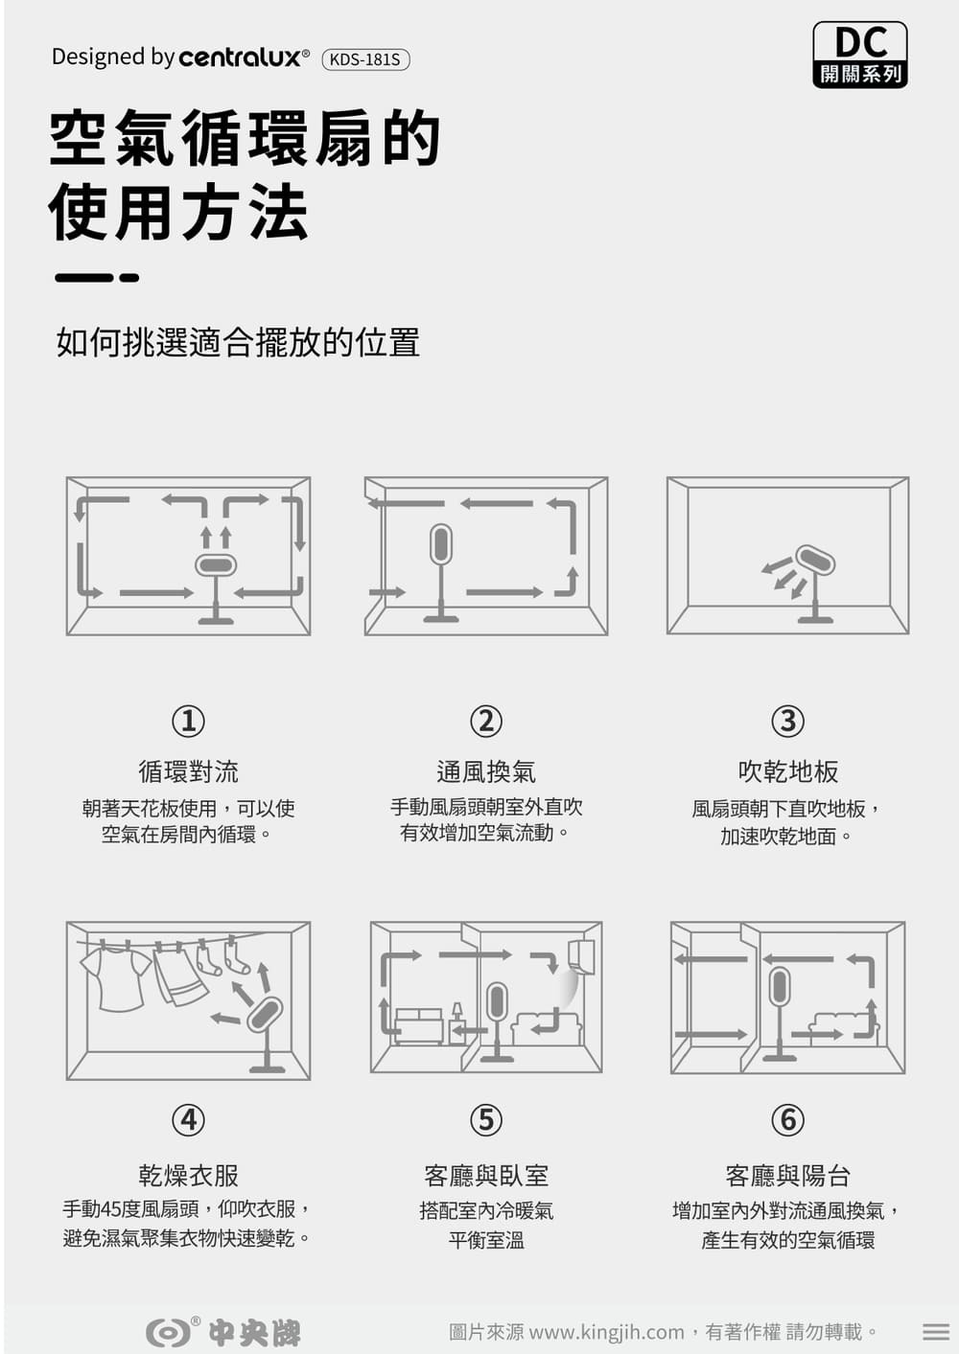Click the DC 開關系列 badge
pos(860,55)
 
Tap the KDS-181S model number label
pos(365,59)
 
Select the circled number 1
pos(189,722)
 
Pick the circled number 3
pos(787,722)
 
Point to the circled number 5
pos(486,1120)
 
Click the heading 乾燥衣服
pos(189,1176)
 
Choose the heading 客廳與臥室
pos(486,1176)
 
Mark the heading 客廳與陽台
pos(787,1176)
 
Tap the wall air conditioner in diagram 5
pos(581,957)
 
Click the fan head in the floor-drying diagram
pos(815,560)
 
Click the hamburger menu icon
pos(935,1332)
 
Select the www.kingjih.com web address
pos(606,1332)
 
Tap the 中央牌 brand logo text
pos(254,1332)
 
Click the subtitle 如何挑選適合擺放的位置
pos(238,343)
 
